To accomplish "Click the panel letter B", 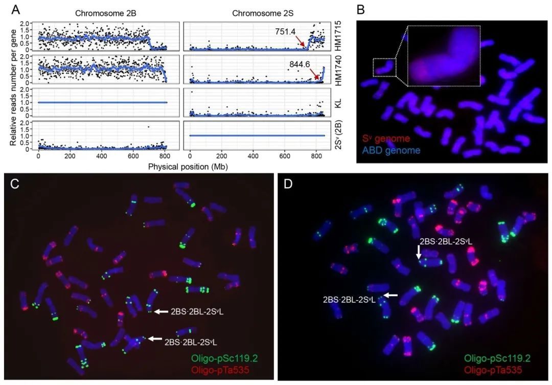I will (x=361, y=9).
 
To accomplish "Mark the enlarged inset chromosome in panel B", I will (x=444, y=56).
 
